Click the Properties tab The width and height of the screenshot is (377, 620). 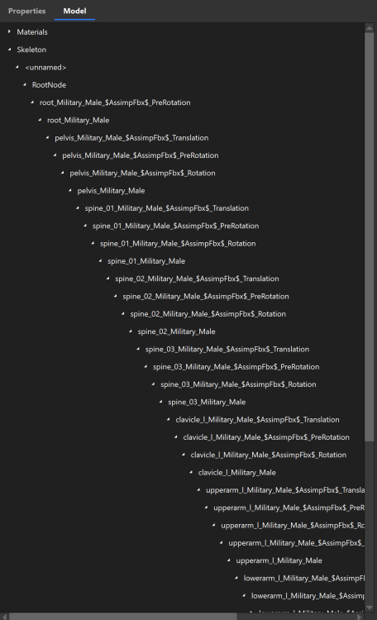26,11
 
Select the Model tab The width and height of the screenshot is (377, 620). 74,11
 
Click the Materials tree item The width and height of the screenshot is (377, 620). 32,32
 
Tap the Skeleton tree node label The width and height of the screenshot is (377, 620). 31,50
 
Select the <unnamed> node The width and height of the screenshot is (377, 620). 45,67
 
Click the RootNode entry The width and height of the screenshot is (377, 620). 49,85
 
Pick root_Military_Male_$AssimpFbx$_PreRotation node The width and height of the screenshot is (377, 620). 115,103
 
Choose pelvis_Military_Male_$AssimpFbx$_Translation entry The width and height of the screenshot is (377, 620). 131,137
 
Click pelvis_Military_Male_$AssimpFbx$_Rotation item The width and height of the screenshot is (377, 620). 142,173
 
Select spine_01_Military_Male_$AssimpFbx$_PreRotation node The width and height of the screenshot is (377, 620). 175,226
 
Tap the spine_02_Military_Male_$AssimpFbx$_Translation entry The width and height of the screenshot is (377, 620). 197,279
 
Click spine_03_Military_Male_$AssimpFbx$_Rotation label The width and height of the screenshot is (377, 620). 238,384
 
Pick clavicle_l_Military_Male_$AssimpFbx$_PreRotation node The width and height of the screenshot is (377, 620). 266,437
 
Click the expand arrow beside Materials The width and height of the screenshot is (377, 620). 9,32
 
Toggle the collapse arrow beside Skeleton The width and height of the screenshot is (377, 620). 9,50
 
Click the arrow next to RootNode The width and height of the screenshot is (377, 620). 24,85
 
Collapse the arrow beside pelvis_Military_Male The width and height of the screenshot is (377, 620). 69,191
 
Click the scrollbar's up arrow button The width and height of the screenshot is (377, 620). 370,28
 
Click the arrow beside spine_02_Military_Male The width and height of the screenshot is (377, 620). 130,331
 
